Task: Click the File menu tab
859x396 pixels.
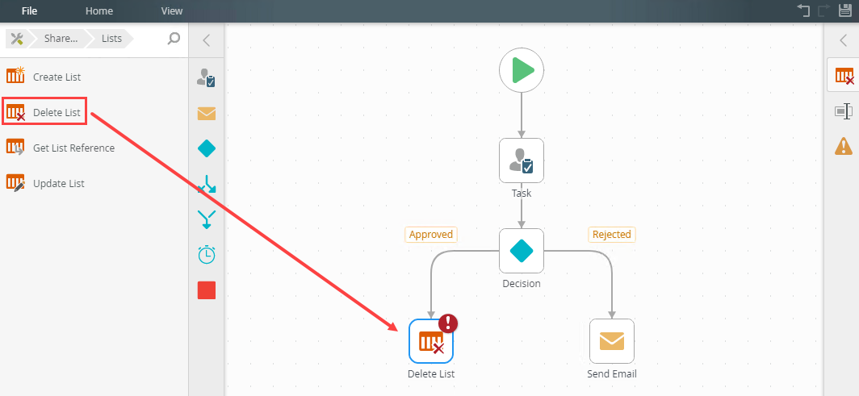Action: [29, 11]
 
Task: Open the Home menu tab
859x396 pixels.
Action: [99, 11]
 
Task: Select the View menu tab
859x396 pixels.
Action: [172, 11]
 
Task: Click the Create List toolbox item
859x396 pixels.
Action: [57, 77]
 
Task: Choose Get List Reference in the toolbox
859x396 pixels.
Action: [73, 148]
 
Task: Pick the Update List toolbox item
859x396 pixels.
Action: [58, 183]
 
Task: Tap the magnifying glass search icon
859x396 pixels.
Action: [174, 38]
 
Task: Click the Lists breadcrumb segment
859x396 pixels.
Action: [112, 38]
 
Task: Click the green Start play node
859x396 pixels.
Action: [522, 70]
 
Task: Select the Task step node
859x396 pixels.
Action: [522, 160]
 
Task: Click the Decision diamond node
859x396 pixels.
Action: [522, 251]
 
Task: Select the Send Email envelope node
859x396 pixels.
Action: [612, 341]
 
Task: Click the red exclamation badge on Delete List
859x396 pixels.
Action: [447, 323]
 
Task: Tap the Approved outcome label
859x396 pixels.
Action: [431, 235]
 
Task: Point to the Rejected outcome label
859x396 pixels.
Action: [612, 235]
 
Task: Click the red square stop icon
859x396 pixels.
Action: [207, 290]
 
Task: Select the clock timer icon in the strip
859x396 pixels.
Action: [207, 254]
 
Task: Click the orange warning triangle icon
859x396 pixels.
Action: [844, 146]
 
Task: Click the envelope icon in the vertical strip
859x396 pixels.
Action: [207, 114]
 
